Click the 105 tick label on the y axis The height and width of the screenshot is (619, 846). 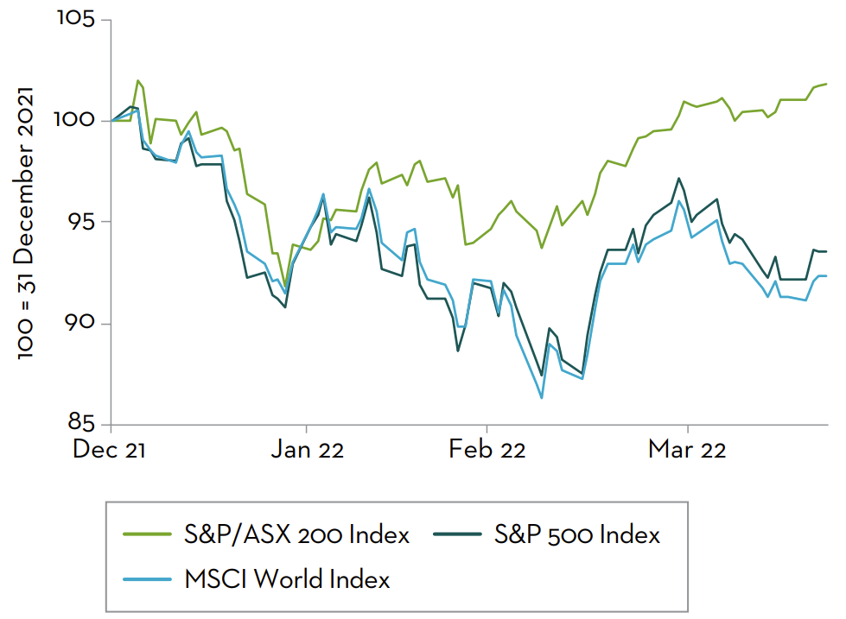coord(76,18)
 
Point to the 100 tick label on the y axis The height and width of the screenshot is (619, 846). coord(76,120)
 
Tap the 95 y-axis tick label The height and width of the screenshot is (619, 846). coord(81,222)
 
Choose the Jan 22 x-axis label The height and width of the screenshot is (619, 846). coord(307,449)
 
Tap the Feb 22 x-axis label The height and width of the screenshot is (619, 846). coord(487,449)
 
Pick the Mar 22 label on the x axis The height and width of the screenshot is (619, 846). coord(687,449)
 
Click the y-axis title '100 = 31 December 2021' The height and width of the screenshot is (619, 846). coord(25,222)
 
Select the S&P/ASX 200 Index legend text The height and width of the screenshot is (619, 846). coord(296,535)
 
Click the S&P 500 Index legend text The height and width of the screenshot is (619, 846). coord(577,535)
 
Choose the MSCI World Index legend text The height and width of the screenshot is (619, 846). coord(287,578)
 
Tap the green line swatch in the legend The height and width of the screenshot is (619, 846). coord(148,535)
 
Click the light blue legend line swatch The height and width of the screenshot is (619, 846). coord(148,578)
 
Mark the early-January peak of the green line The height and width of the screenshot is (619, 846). coord(138,80)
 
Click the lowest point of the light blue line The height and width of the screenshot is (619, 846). coord(542,398)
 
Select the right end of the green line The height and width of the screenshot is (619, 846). coord(827,84)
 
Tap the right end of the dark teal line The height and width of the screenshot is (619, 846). coord(827,251)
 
